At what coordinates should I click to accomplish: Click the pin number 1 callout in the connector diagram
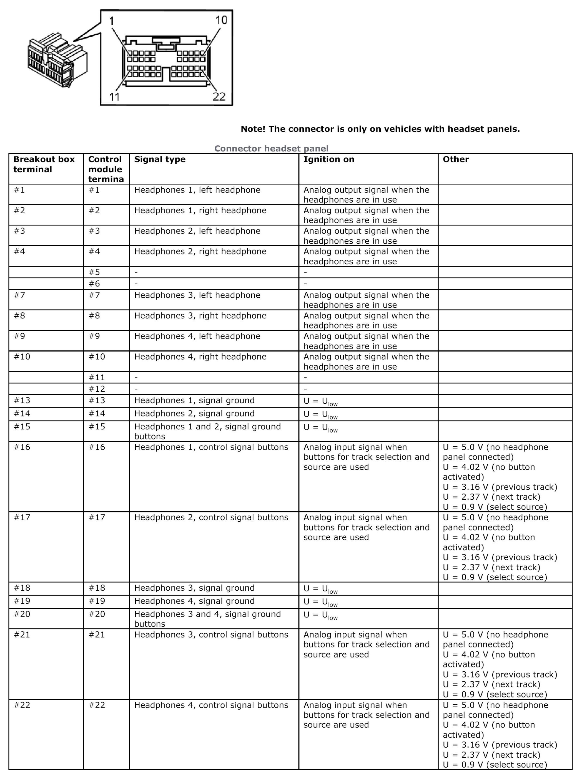(x=112, y=21)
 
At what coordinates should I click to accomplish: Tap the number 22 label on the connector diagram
(x=219, y=97)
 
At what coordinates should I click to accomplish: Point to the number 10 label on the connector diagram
(x=221, y=20)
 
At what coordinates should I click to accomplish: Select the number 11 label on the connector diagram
(x=114, y=97)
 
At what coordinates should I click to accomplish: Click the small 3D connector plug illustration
(x=57, y=60)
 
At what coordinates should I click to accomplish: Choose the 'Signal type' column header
(x=160, y=160)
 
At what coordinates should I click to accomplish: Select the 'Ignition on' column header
(x=329, y=160)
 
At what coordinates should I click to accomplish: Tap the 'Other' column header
(x=456, y=160)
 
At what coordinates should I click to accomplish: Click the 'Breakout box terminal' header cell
(x=44, y=165)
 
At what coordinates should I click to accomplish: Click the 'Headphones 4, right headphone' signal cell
(x=200, y=357)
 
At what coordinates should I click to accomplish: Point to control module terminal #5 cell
(x=94, y=272)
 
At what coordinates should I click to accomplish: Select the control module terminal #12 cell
(x=97, y=389)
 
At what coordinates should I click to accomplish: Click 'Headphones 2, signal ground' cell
(x=194, y=414)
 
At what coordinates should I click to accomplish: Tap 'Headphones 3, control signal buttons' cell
(x=211, y=635)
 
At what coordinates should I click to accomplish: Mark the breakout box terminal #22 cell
(x=22, y=705)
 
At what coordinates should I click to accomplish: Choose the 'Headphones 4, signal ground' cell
(x=194, y=601)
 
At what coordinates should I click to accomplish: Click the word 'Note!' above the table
(x=253, y=129)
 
